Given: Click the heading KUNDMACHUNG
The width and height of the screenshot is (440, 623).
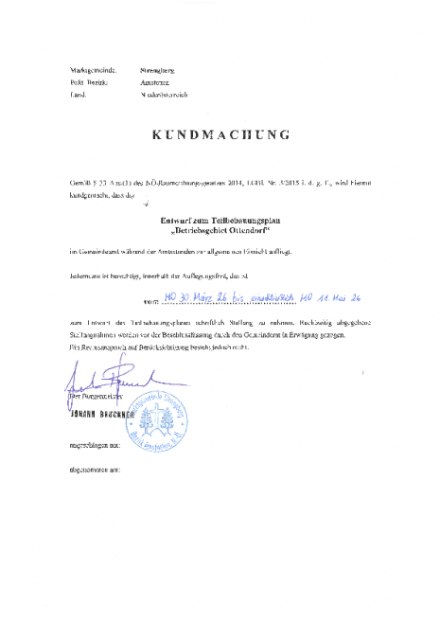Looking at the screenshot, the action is [x=220, y=134].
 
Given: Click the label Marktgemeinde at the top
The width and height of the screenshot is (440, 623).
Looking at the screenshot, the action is [x=92, y=70].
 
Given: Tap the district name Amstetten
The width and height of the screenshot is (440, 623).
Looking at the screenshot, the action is [x=155, y=83].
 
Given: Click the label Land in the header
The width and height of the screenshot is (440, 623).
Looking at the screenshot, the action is [x=79, y=97].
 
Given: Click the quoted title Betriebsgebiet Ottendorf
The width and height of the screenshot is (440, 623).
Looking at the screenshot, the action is [x=220, y=230].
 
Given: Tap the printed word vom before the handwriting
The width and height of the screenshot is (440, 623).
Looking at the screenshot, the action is [x=151, y=299].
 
